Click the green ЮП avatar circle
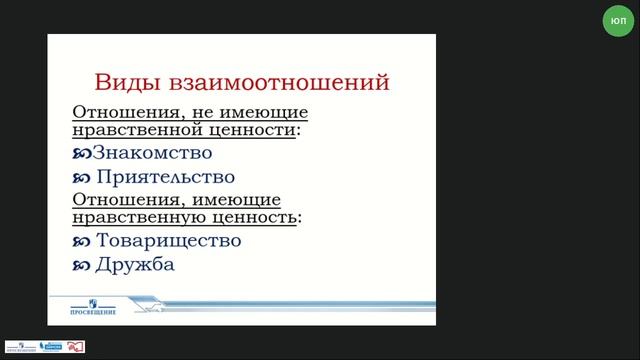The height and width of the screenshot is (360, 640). pyautogui.click(x=618, y=21)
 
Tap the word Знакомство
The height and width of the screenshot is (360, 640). pyautogui.click(x=152, y=153)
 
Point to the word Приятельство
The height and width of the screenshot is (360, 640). pyautogui.click(x=166, y=177)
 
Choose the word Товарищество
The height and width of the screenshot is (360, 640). pyautogui.click(x=169, y=241)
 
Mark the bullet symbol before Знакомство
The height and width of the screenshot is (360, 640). pyautogui.click(x=82, y=154)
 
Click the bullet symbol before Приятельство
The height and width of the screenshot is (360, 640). pyautogui.click(x=82, y=178)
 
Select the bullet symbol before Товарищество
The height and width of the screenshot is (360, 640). pyautogui.click(x=82, y=242)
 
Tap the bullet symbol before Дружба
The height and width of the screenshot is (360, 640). pyautogui.click(x=82, y=266)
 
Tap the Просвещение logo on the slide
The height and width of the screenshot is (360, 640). pyautogui.click(x=92, y=306)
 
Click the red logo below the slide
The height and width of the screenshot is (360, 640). pyautogui.click(x=76, y=346)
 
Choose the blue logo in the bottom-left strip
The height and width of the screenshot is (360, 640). pyautogui.click(x=51, y=347)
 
